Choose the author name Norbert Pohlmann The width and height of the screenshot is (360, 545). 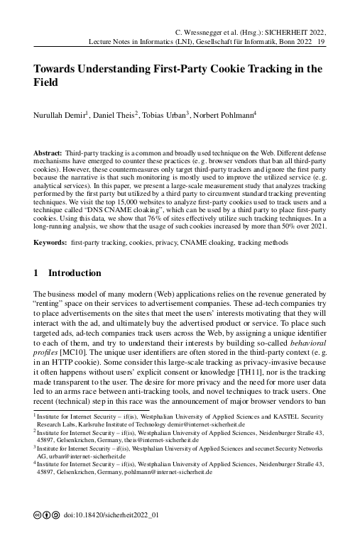[227, 115]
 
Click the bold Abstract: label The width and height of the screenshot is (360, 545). [48, 153]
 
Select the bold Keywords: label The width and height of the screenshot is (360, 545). [50, 243]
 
